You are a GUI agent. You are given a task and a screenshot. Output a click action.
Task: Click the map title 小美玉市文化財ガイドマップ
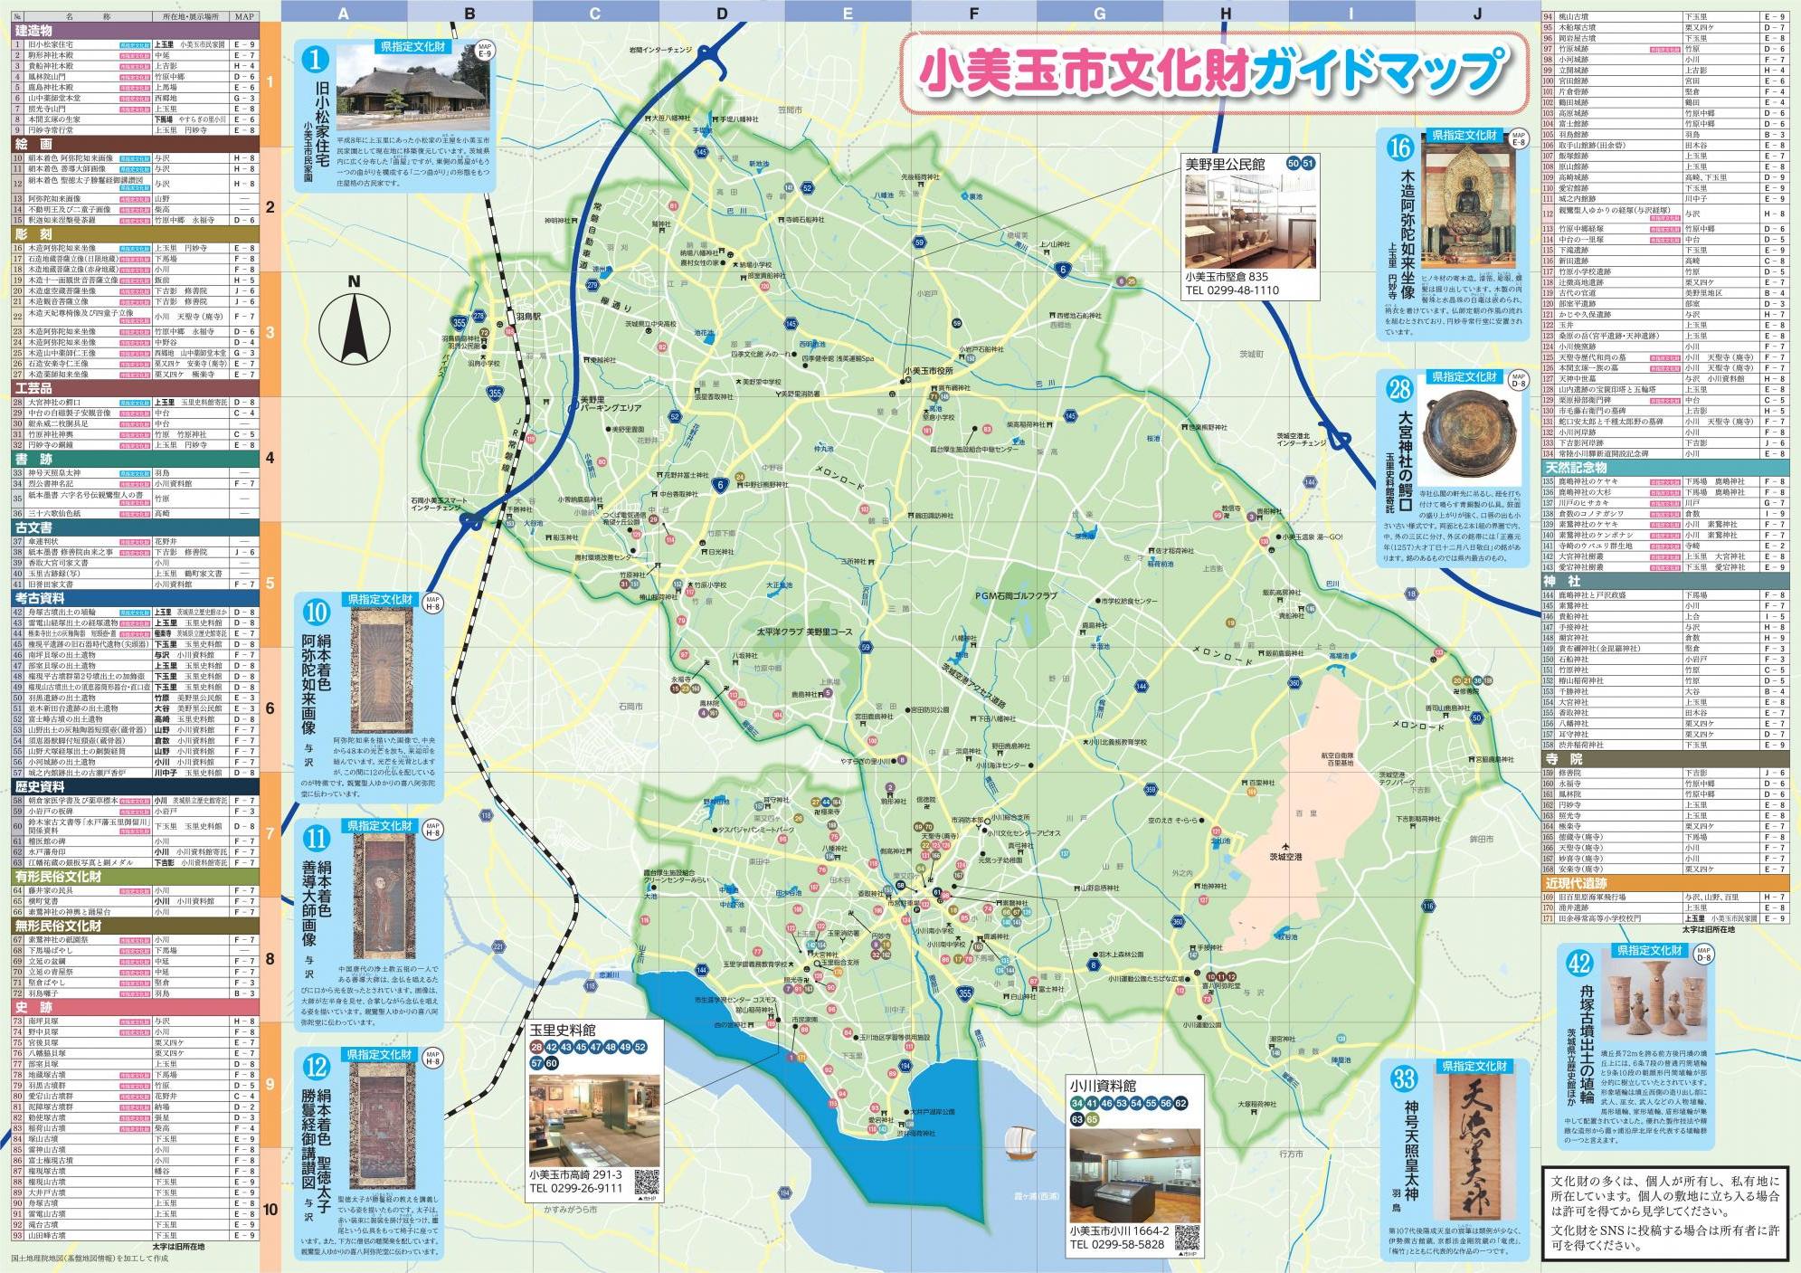pyautogui.click(x=1212, y=72)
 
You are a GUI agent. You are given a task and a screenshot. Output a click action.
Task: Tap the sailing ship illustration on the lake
pyautogui.click(x=1019, y=1142)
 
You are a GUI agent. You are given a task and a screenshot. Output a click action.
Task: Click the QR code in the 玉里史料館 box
pyautogui.click(x=647, y=1182)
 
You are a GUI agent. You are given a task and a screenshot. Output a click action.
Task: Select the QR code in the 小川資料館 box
pyautogui.click(x=1186, y=1238)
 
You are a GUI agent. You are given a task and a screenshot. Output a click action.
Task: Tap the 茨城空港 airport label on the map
pyautogui.click(x=1284, y=856)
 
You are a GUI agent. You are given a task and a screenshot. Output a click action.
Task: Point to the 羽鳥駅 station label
pyautogui.click(x=528, y=318)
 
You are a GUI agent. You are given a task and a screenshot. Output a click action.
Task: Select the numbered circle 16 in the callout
pyautogui.click(x=1400, y=147)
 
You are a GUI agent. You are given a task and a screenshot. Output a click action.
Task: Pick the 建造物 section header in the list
pyautogui.click(x=34, y=31)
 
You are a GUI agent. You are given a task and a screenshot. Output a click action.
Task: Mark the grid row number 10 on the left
pyautogui.click(x=270, y=1209)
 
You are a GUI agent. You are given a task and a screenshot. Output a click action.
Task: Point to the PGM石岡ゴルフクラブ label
pyautogui.click(x=1016, y=596)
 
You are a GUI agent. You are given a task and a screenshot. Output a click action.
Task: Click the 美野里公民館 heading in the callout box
pyautogui.click(x=1225, y=164)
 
